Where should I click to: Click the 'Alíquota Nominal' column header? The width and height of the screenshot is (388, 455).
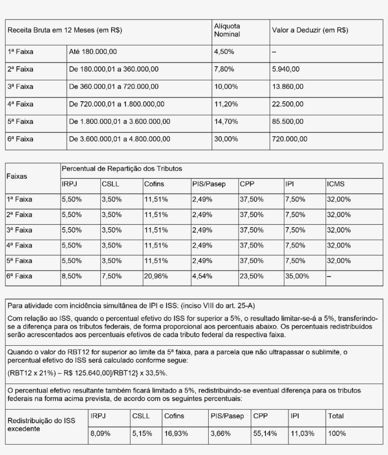(x=227, y=30)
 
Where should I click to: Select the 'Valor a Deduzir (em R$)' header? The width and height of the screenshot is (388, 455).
(x=310, y=30)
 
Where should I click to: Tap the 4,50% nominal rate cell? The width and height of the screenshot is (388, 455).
(x=223, y=51)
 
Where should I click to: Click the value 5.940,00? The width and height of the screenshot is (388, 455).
(x=286, y=69)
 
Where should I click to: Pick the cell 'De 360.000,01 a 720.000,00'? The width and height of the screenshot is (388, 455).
(x=114, y=87)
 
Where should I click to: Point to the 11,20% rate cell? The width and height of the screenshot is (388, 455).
(x=225, y=104)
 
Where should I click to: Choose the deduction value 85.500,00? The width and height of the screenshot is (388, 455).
(x=288, y=122)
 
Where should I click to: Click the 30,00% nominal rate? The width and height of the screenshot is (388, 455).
(x=225, y=139)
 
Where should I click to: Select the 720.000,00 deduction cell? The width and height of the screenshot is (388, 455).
(x=290, y=139)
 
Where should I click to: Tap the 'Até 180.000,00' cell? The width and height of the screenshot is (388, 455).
(x=93, y=51)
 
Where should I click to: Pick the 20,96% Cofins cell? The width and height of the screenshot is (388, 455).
(x=156, y=276)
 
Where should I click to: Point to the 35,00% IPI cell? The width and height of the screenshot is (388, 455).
(x=297, y=276)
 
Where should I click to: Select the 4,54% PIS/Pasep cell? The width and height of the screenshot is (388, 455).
(x=202, y=276)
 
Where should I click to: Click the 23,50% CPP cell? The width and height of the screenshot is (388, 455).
(x=251, y=276)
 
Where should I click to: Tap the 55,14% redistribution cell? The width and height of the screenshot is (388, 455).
(x=265, y=433)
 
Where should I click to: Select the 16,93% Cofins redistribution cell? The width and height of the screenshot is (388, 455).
(x=176, y=433)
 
